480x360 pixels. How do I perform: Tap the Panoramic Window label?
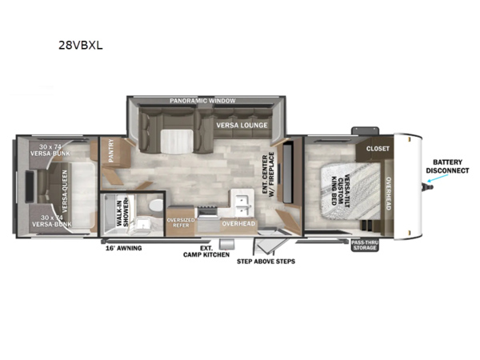click(x=202, y=102)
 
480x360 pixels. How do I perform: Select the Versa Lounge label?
click(x=240, y=125)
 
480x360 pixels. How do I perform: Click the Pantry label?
click(x=112, y=150)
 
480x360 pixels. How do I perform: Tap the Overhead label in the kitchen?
click(x=238, y=223)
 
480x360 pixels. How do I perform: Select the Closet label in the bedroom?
click(x=378, y=149)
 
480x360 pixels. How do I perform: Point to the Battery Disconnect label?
click(x=447, y=166)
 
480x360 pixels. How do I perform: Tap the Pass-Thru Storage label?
click(x=364, y=245)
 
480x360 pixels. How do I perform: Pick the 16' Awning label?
click(x=123, y=248)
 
